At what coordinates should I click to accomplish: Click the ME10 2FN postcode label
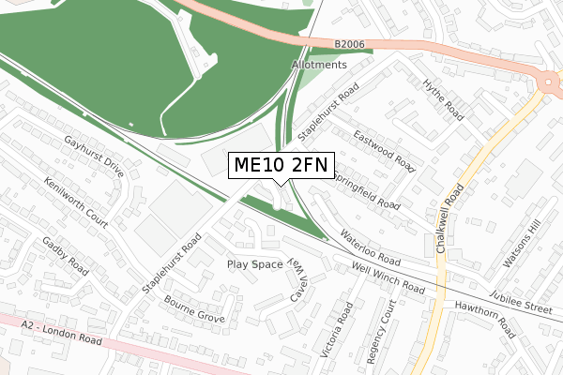click(281, 166)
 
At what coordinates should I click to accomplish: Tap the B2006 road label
click(349, 44)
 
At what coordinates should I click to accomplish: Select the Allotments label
click(319, 65)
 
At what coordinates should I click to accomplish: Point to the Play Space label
click(254, 264)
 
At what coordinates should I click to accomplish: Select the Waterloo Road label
click(370, 248)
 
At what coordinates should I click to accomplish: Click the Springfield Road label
click(366, 191)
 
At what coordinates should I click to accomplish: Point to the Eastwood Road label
click(385, 152)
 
